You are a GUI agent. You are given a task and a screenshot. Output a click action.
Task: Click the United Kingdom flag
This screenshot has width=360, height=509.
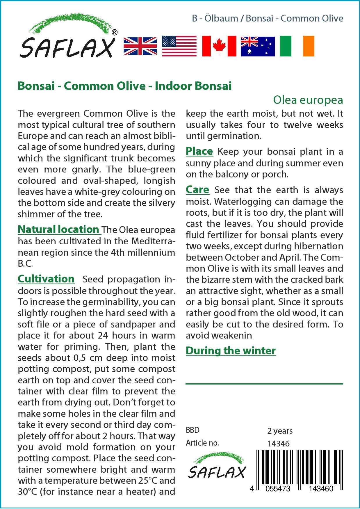click(x=140, y=46)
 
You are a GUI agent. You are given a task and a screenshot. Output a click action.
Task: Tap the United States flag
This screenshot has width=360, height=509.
click(x=179, y=46)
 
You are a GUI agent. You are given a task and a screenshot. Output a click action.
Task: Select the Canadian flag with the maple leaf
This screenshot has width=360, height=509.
click(x=219, y=46)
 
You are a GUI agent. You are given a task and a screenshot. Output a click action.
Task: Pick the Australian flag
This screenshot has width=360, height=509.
click(x=258, y=46)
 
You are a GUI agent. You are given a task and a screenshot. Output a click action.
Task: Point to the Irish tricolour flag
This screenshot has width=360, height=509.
click(x=297, y=46)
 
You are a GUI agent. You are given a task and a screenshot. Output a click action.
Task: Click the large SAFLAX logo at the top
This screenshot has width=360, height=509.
click(x=67, y=38)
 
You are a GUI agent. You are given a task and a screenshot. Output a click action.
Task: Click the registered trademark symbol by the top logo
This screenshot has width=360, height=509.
click(x=115, y=33)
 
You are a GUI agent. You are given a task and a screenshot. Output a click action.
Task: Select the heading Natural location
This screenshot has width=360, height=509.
click(x=59, y=229)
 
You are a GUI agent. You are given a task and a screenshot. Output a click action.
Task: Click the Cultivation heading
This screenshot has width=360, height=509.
click(x=46, y=279)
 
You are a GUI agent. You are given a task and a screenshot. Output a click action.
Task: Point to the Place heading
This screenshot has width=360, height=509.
click(x=199, y=151)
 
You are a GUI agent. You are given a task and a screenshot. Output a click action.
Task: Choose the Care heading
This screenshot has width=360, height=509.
click(x=197, y=190)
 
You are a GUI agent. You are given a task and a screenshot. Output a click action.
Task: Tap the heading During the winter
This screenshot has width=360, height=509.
click(x=231, y=350)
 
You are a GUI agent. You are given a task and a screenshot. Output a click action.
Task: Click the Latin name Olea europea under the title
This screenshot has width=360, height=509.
click(x=308, y=100)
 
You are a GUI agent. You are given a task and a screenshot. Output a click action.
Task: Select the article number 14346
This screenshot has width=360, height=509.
click(x=278, y=444)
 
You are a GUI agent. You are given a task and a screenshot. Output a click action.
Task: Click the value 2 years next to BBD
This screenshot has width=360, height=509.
click(x=280, y=431)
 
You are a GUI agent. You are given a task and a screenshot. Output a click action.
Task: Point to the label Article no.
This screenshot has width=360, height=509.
click(x=202, y=443)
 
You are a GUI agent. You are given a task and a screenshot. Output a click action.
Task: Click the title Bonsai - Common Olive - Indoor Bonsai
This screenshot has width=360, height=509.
click(x=125, y=86)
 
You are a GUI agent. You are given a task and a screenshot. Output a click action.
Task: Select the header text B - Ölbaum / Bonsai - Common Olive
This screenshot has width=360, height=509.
click(x=268, y=18)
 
